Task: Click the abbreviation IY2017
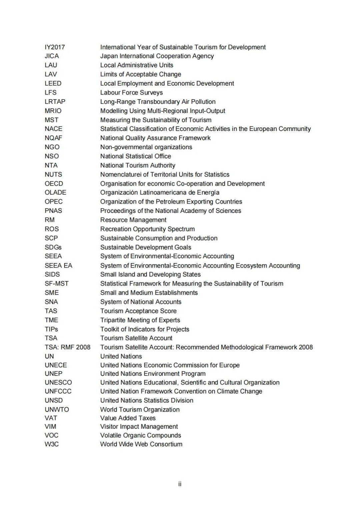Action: pos(55,47)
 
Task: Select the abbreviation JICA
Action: pos(52,56)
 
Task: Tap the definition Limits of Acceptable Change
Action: pos(141,74)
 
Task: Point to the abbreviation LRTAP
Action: pos(55,102)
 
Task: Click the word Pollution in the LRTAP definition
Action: pos(203,102)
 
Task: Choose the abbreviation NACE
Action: pos(53,129)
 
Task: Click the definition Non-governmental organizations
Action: pos(146,147)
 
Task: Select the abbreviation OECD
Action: pos(54,184)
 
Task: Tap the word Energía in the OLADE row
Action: pos(208,193)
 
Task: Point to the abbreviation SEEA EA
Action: pos(58,265)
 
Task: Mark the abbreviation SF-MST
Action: pos(57,283)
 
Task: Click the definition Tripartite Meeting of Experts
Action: pos(140,320)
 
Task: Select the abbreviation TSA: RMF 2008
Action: pos(67,347)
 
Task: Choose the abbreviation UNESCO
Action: pos(58,382)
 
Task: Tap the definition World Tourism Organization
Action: pos(140,409)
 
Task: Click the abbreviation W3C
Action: pos(52,444)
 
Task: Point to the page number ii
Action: pos(180,484)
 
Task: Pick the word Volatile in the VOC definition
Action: pos(111,435)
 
